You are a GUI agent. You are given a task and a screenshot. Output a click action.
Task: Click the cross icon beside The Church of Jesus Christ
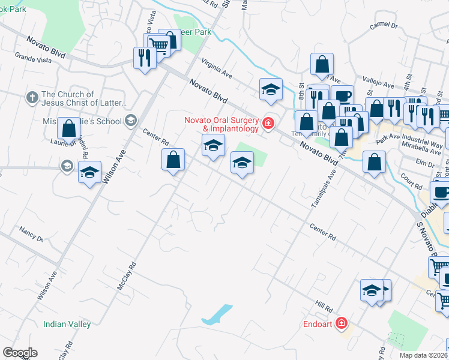pyautogui.click(x=32, y=97)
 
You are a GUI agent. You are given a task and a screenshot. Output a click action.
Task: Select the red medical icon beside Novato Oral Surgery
pyautogui.click(x=268, y=125)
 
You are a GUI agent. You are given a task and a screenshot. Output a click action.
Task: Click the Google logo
pyautogui.click(x=19, y=353)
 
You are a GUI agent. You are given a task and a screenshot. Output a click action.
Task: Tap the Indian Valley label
pyautogui.click(x=67, y=324)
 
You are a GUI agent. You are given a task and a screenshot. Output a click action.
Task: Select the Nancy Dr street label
pyautogui.click(x=31, y=234)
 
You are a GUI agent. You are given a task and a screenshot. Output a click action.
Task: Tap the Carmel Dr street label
pyautogui.click(x=384, y=26)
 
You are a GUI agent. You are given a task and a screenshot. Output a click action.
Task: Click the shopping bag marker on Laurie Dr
pyautogui.click(x=68, y=128)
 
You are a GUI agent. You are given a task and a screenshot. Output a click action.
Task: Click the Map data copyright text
pyautogui.click(x=423, y=355)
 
